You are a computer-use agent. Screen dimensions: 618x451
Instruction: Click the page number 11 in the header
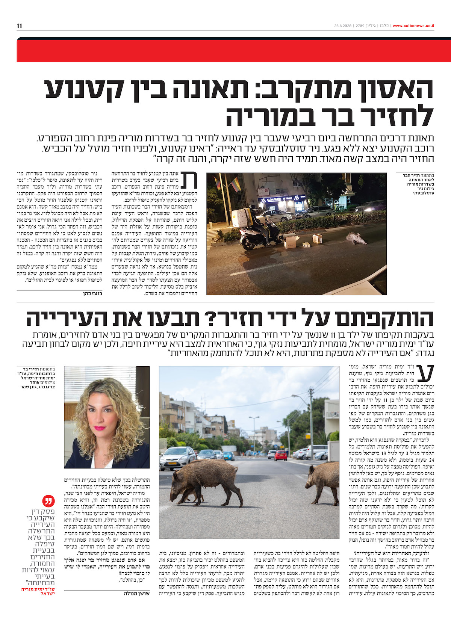(20, 26)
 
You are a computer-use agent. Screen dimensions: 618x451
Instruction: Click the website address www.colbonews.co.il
(413, 26)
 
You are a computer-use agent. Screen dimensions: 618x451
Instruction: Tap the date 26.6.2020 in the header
(343, 26)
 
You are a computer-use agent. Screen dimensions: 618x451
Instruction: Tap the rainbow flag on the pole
(235, 184)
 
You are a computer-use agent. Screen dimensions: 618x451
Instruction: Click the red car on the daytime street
(280, 456)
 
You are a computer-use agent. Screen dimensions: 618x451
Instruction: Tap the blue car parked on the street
(229, 456)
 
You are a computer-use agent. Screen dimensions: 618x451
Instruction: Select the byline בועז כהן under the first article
(92, 294)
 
